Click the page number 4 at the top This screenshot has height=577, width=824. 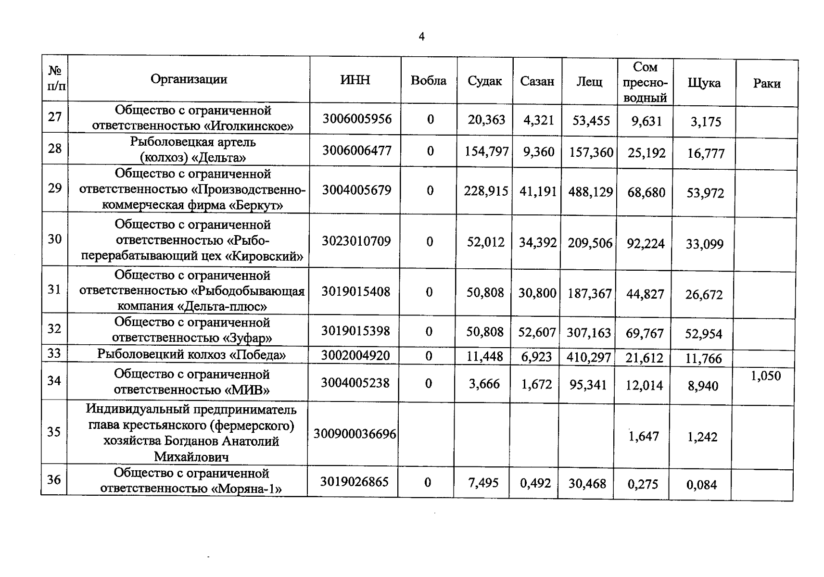[x=422, y=37]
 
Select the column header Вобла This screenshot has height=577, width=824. [x=428, y=81]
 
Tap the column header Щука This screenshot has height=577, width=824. [x=704, y=83]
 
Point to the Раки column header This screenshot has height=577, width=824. [x=766, y=84]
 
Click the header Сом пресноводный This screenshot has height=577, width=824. [x=645, y=82]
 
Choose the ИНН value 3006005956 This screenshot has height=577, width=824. [x=357, y=119]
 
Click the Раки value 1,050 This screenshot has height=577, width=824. [x=766, y=376]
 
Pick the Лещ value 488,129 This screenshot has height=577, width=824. [x=590, y=192]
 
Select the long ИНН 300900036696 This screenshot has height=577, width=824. [x=355, y=434]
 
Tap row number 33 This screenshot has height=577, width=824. [x=54, y=353]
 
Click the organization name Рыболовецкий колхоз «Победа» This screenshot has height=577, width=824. [x=191, y=355]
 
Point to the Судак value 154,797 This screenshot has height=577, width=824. [x=486, y=152]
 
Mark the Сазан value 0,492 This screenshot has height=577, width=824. [x=535, y=483]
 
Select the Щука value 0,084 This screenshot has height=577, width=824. [x=701, y=485]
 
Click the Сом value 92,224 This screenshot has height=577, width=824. [x=646, y=244]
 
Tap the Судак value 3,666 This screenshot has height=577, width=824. [x=484, y=384]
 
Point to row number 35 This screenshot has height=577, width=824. [x=54, y=432]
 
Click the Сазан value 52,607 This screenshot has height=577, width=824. [x=537, y=332]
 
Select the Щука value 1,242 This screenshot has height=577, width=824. [x=702, y=437]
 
